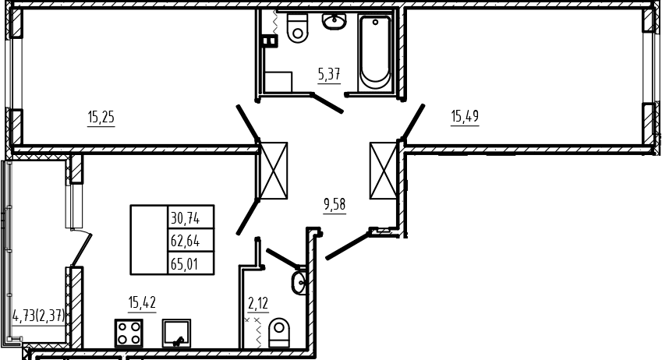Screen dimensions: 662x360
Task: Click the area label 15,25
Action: click(101, 117)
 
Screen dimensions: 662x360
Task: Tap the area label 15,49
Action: click(465, 115)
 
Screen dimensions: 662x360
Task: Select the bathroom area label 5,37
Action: click(329, 75)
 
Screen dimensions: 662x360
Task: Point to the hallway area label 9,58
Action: click(335, 205)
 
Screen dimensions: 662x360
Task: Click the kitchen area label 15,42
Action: click(142, 302)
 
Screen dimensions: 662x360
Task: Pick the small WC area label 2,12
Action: click(258, 303)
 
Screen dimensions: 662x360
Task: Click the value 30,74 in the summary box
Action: click(186, 219)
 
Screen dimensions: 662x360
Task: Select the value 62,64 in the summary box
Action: click(186, 242)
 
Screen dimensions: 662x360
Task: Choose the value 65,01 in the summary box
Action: click(185, 265)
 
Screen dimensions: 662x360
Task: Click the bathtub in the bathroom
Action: click(375, 52)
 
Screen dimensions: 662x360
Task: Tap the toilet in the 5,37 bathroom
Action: click(297, 28)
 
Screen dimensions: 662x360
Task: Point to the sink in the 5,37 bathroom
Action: click(335, 21)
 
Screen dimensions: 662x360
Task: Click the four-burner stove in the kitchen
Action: click(129, 333)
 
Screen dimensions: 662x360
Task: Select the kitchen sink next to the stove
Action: click(176, 333)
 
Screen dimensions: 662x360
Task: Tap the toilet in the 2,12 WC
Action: click(279, 333)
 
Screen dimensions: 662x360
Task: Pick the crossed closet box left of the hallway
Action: click(274, 171)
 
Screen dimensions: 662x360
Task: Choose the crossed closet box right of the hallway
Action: click(384, 171)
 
